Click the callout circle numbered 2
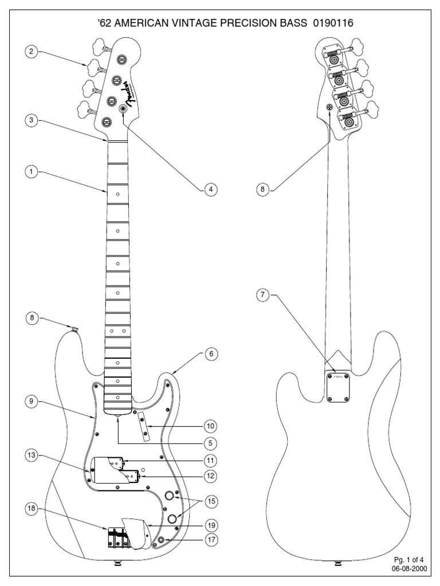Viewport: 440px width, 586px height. [x=30, y=52]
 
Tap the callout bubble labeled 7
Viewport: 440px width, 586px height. [x=262, y=295]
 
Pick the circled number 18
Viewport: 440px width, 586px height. [x=30, y=508]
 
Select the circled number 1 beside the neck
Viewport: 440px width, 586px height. [x=30, y=171]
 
